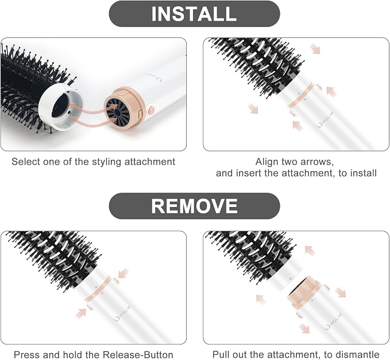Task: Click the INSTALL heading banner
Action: click(194, 14)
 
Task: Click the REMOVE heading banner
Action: click(194, 206)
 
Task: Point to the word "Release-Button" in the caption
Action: click(138, 354)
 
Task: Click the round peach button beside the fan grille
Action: click(151, 109)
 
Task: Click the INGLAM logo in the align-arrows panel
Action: click(326, 120)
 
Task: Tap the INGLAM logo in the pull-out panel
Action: click(334, 321)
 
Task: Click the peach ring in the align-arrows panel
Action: click(300, 96)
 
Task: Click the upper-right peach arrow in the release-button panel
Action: click(123, 273)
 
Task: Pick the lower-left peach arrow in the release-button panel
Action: click(81, 313)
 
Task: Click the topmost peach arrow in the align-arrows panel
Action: click(315, 48)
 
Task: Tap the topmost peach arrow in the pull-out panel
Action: click(310, 250)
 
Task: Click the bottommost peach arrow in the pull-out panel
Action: click(304, 328)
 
